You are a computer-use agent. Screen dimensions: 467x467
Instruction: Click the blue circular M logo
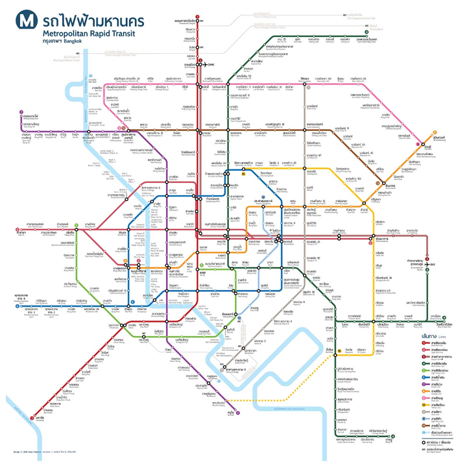point(27,19)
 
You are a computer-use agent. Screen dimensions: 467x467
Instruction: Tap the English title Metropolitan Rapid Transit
point(91,31)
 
